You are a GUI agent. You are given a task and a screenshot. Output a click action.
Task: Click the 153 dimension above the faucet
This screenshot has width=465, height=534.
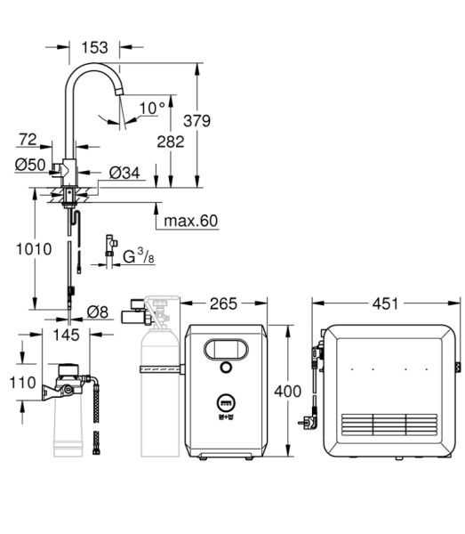94,47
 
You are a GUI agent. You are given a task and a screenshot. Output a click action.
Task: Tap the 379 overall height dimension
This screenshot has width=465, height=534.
197,121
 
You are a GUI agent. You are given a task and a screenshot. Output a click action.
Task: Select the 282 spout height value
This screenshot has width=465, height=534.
171,142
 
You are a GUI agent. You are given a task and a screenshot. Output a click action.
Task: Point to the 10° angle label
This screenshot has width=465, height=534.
152,109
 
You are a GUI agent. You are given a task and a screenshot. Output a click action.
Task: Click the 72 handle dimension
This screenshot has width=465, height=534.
28,140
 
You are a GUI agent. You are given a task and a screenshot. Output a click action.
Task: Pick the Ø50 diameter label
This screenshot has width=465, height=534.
30,165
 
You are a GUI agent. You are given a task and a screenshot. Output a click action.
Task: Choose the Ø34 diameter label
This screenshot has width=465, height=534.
124,173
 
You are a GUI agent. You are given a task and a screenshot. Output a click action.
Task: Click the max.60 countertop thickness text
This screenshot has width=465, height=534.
190,221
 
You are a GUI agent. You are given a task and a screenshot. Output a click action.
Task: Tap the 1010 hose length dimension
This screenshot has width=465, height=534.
34,249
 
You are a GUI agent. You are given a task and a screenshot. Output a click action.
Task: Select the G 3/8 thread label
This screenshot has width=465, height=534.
138,256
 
